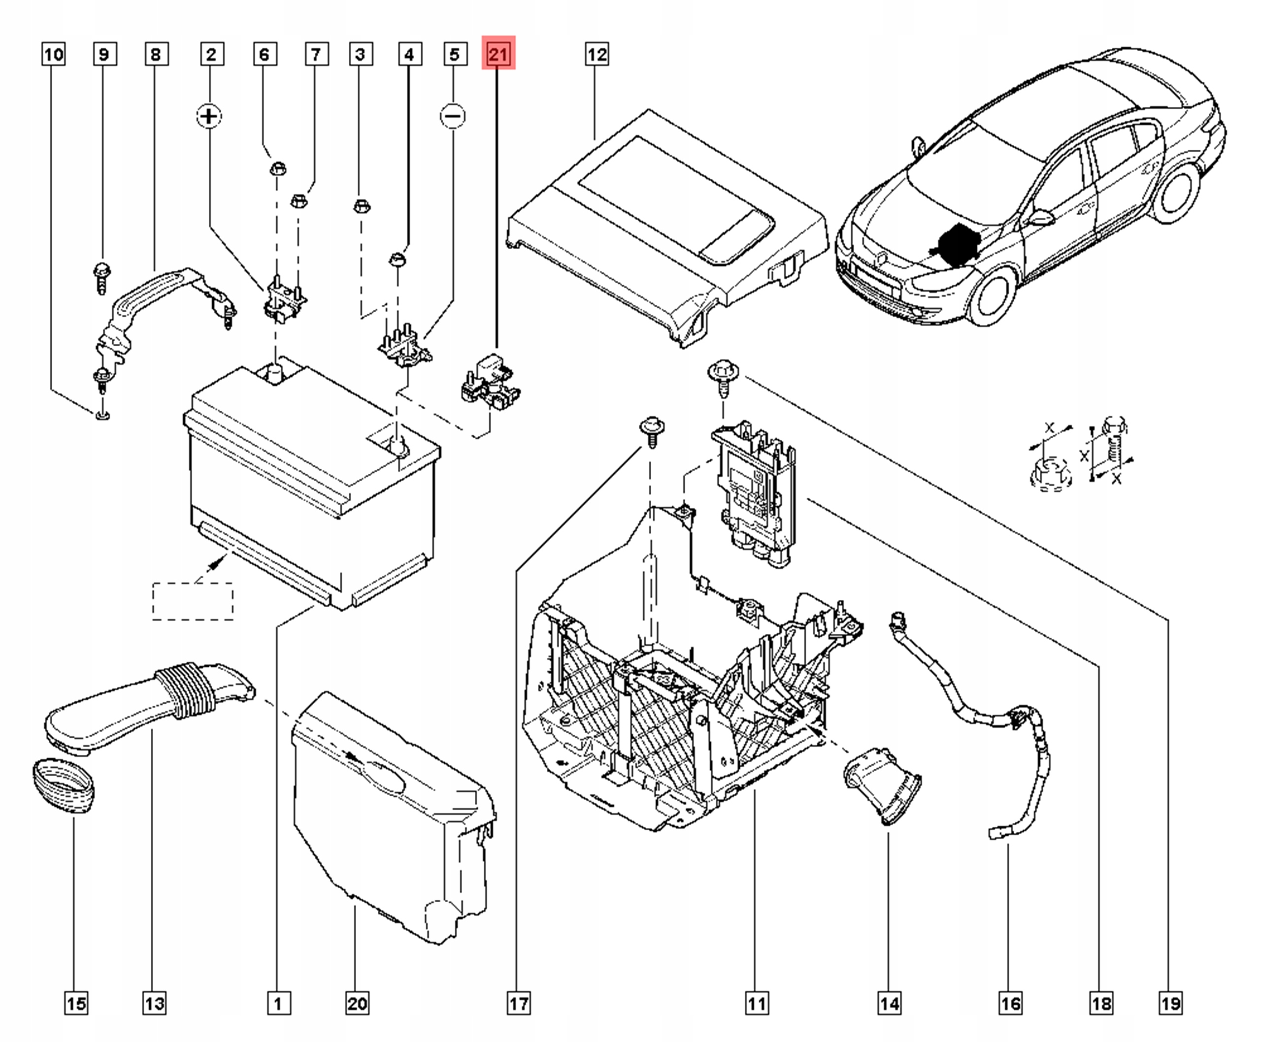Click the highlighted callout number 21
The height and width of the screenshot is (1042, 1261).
pos(498,54)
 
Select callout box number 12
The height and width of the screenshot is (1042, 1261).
pos(597,54)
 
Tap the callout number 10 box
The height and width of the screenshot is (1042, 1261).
pos(53,54)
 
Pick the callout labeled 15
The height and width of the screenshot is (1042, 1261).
pos(76,1004)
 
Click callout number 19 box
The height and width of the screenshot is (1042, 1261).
pos(1170,1004)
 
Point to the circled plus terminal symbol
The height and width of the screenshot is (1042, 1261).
pos(209,116)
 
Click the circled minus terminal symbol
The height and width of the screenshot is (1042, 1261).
pos(453,116)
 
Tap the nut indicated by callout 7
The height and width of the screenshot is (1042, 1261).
pos(299,200)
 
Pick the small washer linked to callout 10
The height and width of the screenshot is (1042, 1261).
pos(102,415)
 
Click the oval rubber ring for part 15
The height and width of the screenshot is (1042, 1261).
pos(63,786)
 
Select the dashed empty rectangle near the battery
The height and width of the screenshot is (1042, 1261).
pos(193,601)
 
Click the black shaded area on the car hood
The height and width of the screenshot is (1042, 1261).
pos(956,246)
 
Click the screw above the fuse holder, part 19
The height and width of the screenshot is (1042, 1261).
pos(723,376)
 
